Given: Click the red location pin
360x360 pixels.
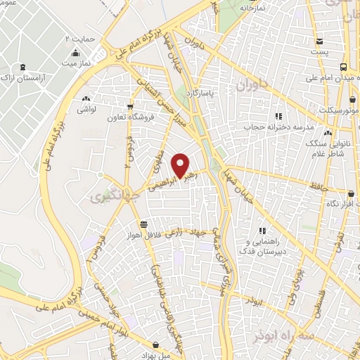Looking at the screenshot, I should pos(182,165).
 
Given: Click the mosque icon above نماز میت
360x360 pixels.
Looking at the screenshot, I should pos(75,53).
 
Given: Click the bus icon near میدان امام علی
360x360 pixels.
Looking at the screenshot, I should pos(342,67).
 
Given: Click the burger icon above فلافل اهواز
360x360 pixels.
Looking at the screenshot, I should pos(143,224).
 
